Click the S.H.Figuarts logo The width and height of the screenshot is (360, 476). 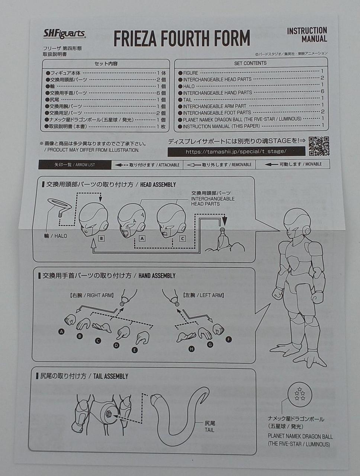tap(64, 34)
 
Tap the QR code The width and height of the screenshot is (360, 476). tap(319, 146)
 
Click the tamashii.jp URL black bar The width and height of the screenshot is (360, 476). tap(236, 151)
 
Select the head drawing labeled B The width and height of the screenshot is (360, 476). tap(93, 219)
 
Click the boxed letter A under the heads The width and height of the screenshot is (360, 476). tap(142, 238)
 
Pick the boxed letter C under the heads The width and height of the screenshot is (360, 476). tap(182, 238)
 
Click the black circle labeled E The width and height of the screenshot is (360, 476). tap(135, 350)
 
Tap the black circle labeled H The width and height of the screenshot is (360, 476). tap(192, 349)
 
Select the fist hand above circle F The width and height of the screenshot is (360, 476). tap(218, 329)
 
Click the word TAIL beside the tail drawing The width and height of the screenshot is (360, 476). tap(209, 430)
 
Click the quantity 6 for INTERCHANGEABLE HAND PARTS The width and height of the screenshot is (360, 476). tap(322, 91)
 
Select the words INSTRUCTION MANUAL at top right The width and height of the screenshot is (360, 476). tap(307, 34)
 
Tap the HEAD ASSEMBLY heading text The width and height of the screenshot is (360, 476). tap(158, 184)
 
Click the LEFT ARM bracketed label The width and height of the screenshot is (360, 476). tap(203, 295)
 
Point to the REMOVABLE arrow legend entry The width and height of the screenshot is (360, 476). tap(219, 164)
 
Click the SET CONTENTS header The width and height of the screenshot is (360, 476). tap(250, 63)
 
